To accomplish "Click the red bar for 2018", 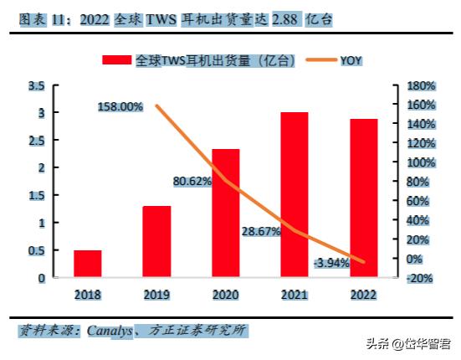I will click(87, 263).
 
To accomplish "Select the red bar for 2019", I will click(156, 241).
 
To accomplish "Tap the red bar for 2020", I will click(226, 213).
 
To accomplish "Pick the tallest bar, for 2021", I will click(295, 194).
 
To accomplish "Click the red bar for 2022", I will click(363, 198).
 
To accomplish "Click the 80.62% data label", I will click(192, 180).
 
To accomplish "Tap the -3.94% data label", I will click(332, 264).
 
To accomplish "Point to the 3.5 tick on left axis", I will click(36, 86).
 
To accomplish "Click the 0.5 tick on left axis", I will click(36, 250).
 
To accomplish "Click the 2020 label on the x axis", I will click(226, 294).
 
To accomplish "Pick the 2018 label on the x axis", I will click(87, 294).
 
